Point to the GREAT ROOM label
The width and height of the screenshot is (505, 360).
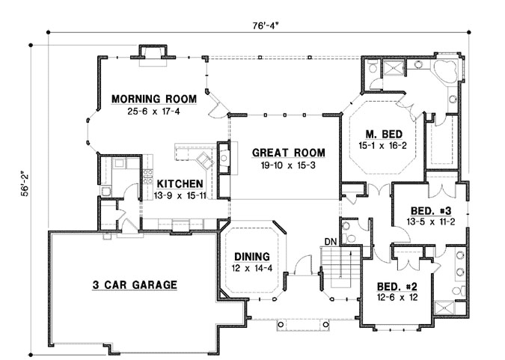pyautogui.click(x=281, y=150)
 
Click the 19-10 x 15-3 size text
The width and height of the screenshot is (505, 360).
pyautogui.click(x=281, y=164)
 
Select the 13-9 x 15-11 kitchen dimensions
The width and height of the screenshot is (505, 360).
pyautogui.click(x=179, y=195)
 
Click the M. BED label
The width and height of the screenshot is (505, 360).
pyautogui.click(x=383, y=133)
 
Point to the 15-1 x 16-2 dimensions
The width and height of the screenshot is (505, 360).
pyautogui.click(x=383, y=145)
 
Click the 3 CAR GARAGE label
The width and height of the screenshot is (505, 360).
pyautogui.click(x=135, y=284)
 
